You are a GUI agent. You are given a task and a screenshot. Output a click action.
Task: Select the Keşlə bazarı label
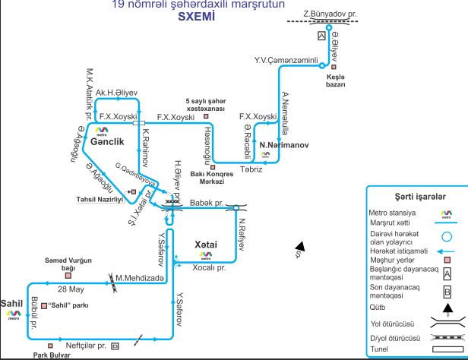coord(336,81)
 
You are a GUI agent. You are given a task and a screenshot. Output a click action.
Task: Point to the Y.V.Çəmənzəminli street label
coord(285,58)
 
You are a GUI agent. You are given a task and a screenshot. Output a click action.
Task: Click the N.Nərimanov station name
coord(282,144)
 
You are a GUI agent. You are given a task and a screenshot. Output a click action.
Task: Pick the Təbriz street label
coord(251,169)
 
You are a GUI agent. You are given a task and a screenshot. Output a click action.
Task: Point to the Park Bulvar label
coord(51,354)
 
